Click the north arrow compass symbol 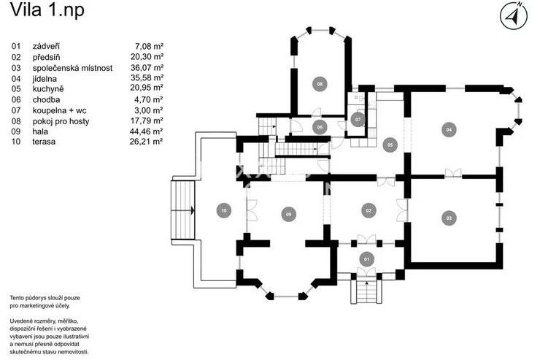pyautogui.click(x=514, y=15)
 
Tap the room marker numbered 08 pyautogui.click(x=320, y=84)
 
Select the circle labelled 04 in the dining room pyautogui.click(x=449, y=129)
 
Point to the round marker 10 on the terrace pyautogui.click(x=224, y=210)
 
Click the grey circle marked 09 pyautogui.click(x=288, y=214)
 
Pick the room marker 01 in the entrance pyautogui.click(x=366, y=259)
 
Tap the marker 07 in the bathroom pyautogui.click(x=358, y=120)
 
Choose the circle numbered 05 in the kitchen pyautogui.click(x=390, y=145)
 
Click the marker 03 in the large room pyautogui.click(x=449, y=218)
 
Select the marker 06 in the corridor pyautogui.click(x=320, y=127)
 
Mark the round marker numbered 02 pyautogui.click(x=369, y=210)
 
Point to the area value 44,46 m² pyautogui.click(x=147, y=131)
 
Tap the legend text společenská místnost pyautogui.click(x=73, y=68)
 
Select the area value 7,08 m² pyautogui.click(x=149, y=46)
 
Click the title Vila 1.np pyautogui.click(x=47, y=9)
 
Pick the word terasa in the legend pyautogui.click(x=44, y=142)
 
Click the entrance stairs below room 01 pyautogui.click(x=366, y=291)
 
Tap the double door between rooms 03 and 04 pyautogui.click(x=453, y=173)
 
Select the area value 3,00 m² pyautogui.click(x=149, y=110)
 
